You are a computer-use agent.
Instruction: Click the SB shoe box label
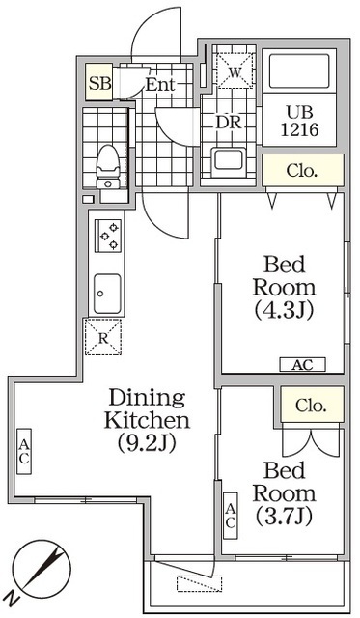point(100,83)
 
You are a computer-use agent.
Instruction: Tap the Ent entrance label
point(160,84)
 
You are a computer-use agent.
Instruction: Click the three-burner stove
point(108,236)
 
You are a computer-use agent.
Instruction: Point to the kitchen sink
point(107,294)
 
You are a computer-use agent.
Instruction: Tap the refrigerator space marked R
point(103,337)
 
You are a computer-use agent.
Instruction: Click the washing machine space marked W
point(235,70)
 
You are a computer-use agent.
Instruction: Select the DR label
point(229,123)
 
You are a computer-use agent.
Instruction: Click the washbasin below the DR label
point(228,162)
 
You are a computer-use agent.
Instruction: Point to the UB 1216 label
point(300,122)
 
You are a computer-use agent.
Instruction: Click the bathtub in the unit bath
point(299,71)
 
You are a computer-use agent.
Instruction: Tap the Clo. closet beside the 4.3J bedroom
point(303,170)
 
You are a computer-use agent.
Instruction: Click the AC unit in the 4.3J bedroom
point(302,365)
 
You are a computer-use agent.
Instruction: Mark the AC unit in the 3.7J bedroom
point(231,516)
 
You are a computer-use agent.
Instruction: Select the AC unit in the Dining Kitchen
point(24,451)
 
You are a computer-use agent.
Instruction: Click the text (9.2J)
point(147,444)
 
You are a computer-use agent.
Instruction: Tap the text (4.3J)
point(285,311)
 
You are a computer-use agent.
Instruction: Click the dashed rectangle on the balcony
point(199,583)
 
